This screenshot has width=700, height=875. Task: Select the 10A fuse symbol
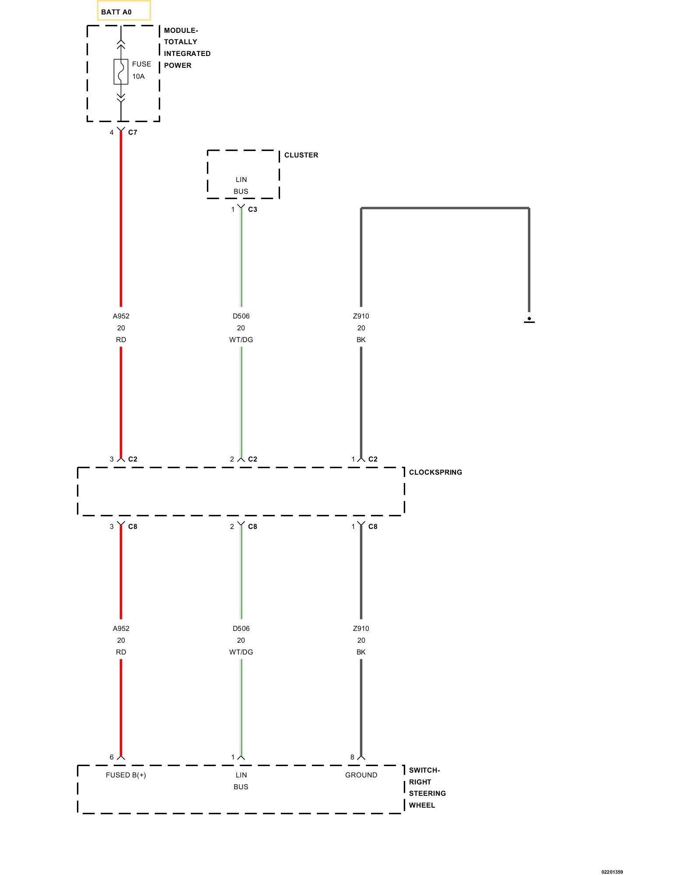(121, 71)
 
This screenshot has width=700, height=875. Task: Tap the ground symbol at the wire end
(529, 320)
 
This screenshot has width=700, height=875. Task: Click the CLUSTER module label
(301, 155)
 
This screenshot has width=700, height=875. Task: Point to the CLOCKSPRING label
(435, 472)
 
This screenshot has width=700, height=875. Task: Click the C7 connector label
(133, 132)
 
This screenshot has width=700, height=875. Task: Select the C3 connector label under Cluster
(252, 209)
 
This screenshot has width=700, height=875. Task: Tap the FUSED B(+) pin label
(126, 775)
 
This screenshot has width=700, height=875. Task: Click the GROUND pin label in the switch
(361, 775)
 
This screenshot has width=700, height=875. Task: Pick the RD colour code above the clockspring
(121, 339)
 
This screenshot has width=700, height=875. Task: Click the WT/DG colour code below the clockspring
(241, 652)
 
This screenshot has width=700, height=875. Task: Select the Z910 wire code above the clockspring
(361, 316)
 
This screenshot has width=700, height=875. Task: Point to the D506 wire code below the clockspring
(241, 628)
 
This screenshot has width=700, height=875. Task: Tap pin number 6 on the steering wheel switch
(112, 757)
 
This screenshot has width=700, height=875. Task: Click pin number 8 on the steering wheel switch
(352, 757)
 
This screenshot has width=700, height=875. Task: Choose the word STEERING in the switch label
(427, 793)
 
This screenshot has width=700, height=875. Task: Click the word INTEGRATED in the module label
(187, 53)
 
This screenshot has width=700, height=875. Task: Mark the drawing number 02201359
(612, 872)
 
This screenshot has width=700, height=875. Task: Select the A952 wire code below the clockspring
(121, 628)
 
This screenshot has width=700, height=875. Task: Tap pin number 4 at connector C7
(112, 132)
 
